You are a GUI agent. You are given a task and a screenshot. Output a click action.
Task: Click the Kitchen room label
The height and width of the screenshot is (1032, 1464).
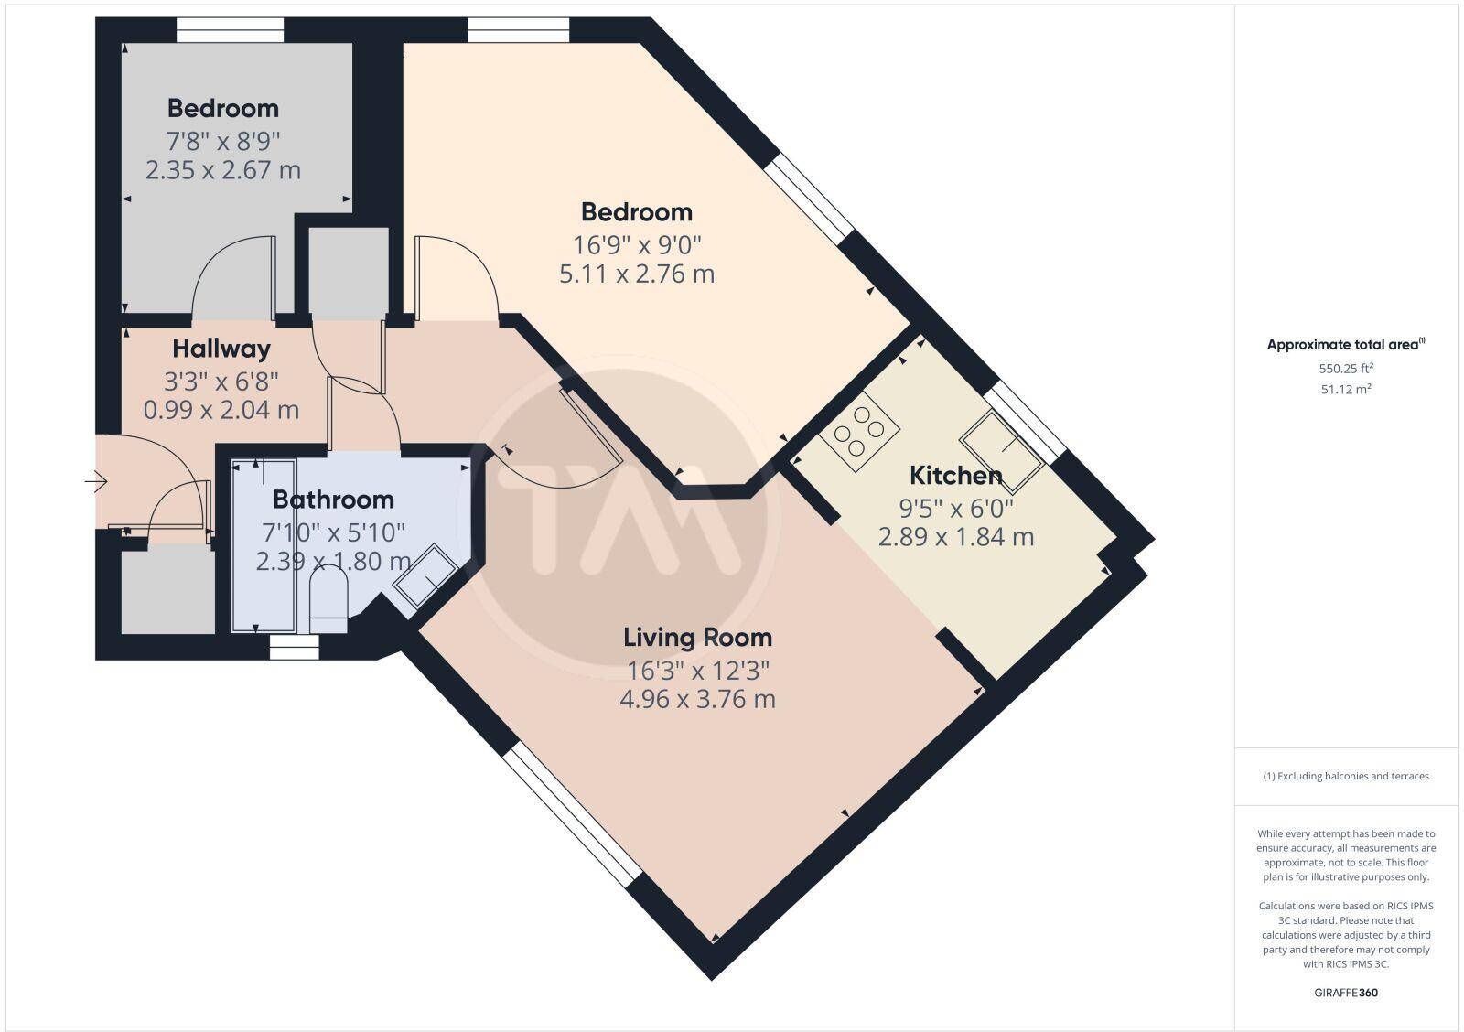click(955, 476)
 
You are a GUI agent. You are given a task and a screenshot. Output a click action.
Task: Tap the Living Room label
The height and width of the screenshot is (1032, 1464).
click(697, 638)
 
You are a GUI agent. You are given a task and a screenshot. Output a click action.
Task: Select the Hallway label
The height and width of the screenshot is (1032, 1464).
click(221, 349)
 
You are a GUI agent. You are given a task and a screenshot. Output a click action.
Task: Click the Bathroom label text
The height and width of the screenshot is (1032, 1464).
click(333, 500)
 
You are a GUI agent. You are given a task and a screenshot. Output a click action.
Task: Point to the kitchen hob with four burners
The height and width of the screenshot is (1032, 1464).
click(859, 431)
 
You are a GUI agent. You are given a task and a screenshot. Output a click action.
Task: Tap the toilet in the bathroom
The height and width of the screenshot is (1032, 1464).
click(329, 600)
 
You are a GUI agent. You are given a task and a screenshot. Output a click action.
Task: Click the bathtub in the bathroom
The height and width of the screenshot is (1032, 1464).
click(264, 549)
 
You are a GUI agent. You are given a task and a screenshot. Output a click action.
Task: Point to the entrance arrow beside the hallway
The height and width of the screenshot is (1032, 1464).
click(95, 480)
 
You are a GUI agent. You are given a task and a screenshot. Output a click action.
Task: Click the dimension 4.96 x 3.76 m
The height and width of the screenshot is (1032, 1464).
click(697, 700)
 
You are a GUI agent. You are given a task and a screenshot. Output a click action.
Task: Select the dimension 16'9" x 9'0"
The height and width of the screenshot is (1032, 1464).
click(637, 244)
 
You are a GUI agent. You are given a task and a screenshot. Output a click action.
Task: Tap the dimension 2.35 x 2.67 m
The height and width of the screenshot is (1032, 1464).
click(223, 170)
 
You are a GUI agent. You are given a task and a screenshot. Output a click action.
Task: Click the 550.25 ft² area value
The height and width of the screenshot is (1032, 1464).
click(1345, 369)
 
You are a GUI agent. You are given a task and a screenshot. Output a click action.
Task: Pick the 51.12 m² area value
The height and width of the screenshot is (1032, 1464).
click(1345, 389)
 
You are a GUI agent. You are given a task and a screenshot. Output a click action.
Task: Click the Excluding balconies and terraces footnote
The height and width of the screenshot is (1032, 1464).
click(1345, 776)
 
